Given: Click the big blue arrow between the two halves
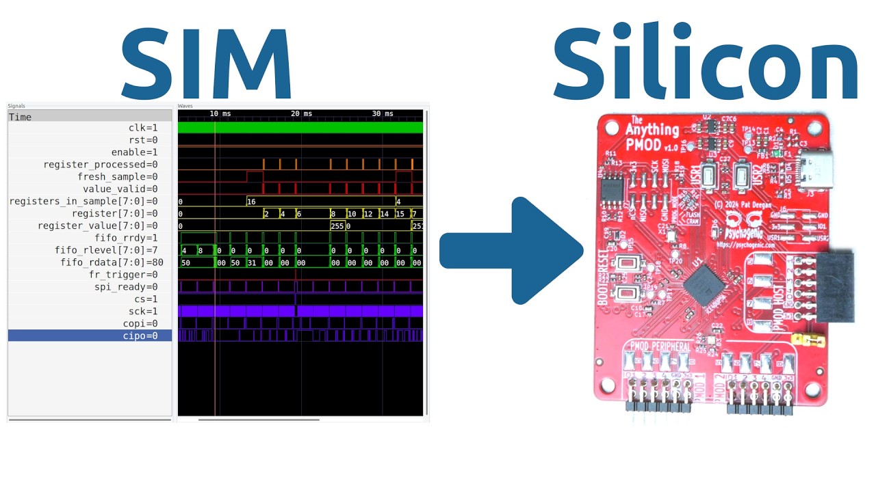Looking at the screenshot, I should [513, 251].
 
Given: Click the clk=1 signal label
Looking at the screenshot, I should [143, 128].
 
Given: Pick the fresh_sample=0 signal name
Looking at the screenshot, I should [117, 177].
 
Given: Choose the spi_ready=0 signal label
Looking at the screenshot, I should [126, 287].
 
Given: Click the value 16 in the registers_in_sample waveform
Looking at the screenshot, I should [251, 202].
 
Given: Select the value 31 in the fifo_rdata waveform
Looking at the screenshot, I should [251, 262].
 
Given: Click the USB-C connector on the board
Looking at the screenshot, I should [814, 168].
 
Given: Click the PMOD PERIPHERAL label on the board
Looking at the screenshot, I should [660, 346].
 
